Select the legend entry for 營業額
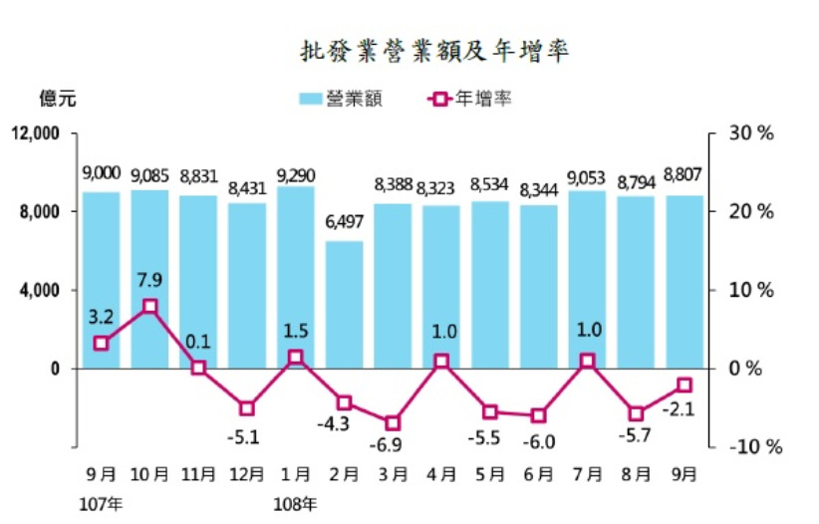(340, 99)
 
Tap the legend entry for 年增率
(468, 99)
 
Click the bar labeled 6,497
(344, 304)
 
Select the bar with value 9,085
(149, 279)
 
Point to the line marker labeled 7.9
(149, 307)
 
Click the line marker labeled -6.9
(393, 422)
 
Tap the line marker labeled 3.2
(101, 343)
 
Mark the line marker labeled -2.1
(684, 385)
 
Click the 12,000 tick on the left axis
(38, 133)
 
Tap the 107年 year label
(101, 503)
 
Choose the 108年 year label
(295, 503)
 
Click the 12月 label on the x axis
(246, 475)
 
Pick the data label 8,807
(684, 175)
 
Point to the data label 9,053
(587, 176)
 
